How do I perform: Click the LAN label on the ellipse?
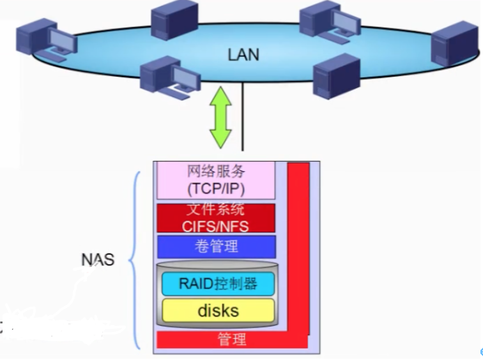243,54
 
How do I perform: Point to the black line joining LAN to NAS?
243,121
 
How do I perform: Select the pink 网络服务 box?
216,180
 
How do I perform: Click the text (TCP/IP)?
216,189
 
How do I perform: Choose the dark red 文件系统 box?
216,218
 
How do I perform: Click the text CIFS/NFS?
216,225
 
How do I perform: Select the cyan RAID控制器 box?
218,283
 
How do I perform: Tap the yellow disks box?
218,310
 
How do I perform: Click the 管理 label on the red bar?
231,339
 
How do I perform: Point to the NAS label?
98,260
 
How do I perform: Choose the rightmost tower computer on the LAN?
455,45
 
